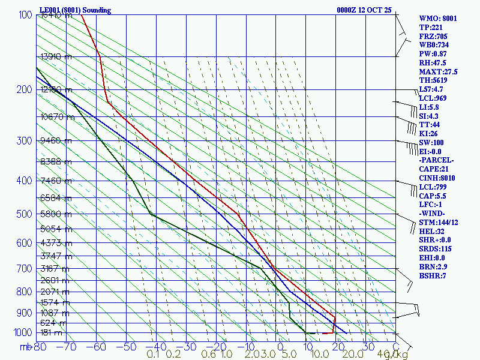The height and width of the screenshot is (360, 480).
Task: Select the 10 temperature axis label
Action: [307, 347]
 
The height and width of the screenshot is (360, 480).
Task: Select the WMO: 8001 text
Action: [438, 19]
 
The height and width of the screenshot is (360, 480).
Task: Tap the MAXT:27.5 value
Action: [438, 71]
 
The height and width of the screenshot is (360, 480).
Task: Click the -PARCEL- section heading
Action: [436, 160]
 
